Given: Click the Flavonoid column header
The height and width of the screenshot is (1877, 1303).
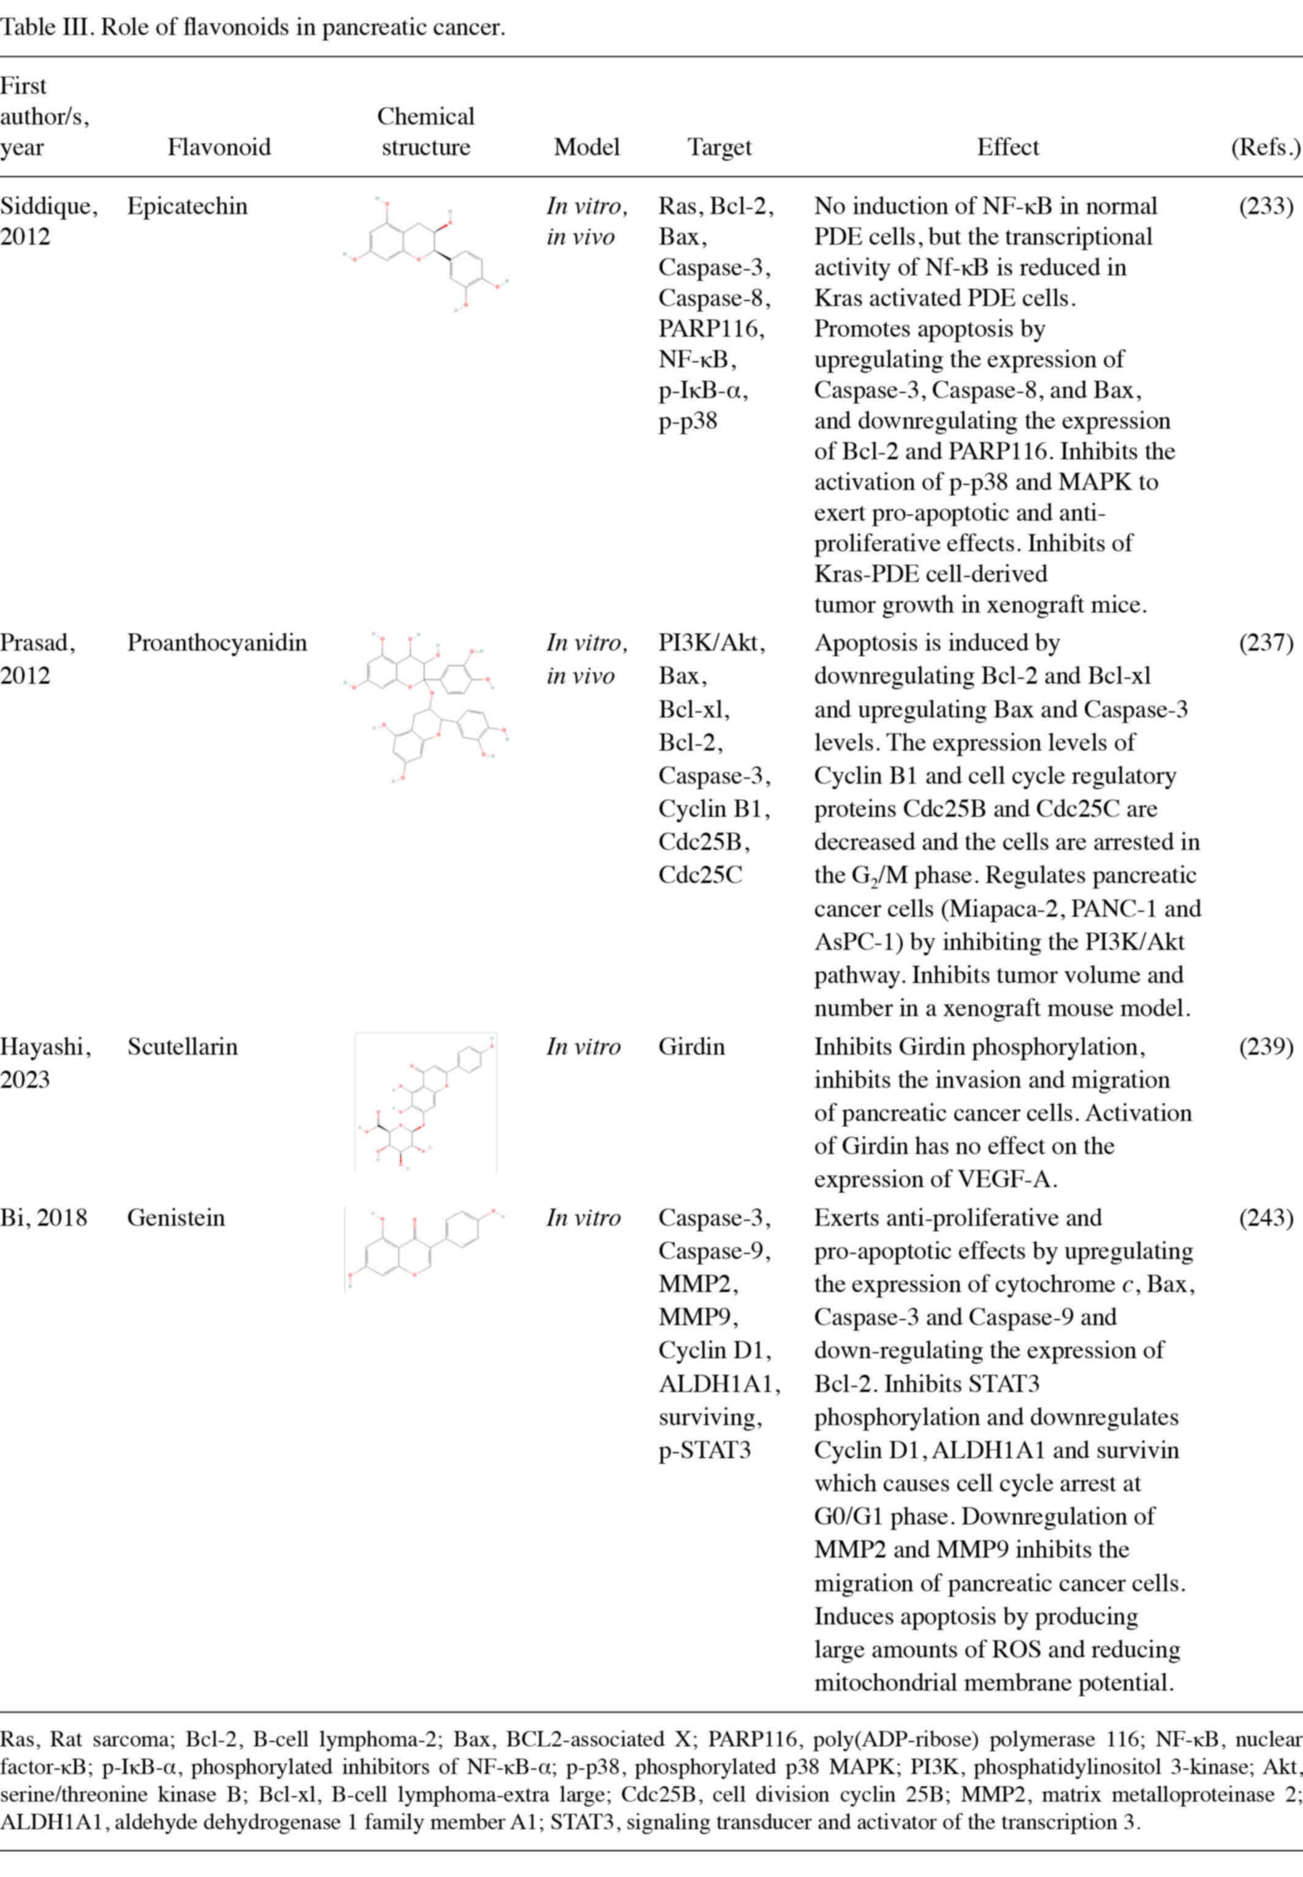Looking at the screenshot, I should pyautogui.click(x=219, y=147).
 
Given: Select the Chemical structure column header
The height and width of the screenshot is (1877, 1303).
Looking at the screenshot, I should pyautogui.click(x=425, y=131).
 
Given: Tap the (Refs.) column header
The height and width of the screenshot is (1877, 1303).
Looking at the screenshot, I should pyautogui.click(x=1264, y=147).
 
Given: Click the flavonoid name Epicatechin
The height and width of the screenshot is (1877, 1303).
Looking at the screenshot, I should pyautogui.click(x=187, y=206).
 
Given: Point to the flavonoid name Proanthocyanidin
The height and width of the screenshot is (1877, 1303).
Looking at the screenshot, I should pyautogui.click(x=216, y=643).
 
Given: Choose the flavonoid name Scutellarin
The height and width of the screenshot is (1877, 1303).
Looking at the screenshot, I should pyautogui.click(x=182, y=1046).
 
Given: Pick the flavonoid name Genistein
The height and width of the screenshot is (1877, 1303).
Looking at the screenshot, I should pyautogui.click(x=175, y=1218).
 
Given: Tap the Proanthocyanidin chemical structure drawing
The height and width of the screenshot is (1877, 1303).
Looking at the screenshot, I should pyautogui.click(x=425, y=708).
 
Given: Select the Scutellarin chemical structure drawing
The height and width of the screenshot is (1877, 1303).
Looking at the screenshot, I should pyautogui.click(x=425, y=1103).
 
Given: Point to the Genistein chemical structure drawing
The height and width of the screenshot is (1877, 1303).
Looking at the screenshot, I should pyautogui.click(x=425, y=1248).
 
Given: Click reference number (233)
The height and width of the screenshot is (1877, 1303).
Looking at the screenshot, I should pyautogui.click(x=1266, y=206).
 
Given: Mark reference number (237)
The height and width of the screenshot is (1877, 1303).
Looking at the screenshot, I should pyautogui.click(x=1266, y=643).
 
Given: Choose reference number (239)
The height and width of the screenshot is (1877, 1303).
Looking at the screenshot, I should pyautogui.click(x=1266, y=1046).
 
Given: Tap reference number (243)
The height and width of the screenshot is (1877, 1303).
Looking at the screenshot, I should pyautogui.click(x=1266, y=1218).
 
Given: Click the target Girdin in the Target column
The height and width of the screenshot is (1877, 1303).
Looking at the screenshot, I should pyautogui.click(x=691, y=1046).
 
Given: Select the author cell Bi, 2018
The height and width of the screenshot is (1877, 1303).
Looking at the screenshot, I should pyautogui.click(x=44, y=1218).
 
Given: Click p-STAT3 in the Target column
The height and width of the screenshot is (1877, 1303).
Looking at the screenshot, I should pyautogui.click(x=704, y=1450).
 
